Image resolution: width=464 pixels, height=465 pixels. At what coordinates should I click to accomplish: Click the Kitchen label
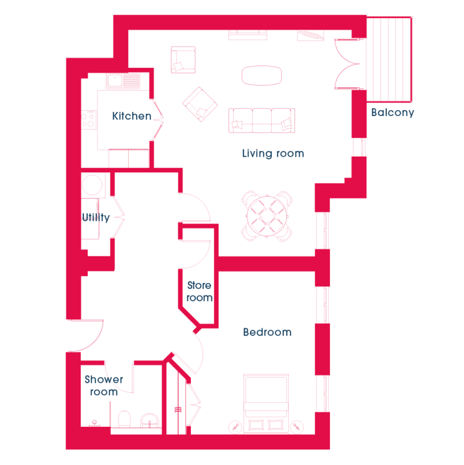132,116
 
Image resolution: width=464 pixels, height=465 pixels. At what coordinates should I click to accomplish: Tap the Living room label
273,154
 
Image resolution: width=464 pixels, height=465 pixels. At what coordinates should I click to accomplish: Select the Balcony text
393,112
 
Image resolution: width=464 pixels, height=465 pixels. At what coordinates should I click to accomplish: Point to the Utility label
95,217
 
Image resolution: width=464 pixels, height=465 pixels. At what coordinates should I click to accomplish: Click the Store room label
199,291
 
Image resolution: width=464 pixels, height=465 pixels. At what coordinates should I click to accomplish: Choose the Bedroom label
267,332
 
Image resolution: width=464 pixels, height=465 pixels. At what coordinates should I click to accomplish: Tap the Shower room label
104,386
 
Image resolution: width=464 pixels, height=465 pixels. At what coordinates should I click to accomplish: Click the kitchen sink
123,80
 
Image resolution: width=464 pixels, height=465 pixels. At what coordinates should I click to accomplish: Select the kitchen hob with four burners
89,120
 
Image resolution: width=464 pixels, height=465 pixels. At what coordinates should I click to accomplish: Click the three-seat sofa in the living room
262,120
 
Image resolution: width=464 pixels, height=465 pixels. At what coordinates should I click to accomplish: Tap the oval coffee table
262,76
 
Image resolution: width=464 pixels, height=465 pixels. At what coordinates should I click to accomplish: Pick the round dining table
267,216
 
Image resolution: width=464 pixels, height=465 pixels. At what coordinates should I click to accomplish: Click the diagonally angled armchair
200,104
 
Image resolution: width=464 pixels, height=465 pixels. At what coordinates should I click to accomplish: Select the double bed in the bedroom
266,404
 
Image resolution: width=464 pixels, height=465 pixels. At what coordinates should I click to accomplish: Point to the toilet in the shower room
124,418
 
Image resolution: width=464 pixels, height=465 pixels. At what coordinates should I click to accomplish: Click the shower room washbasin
150,420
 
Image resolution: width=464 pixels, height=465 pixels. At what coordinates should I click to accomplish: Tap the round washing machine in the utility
92,184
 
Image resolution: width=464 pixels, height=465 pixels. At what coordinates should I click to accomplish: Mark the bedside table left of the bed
236,427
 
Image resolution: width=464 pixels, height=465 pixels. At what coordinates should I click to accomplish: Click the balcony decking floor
388,59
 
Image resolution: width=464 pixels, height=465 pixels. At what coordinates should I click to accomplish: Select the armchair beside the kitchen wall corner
183,60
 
